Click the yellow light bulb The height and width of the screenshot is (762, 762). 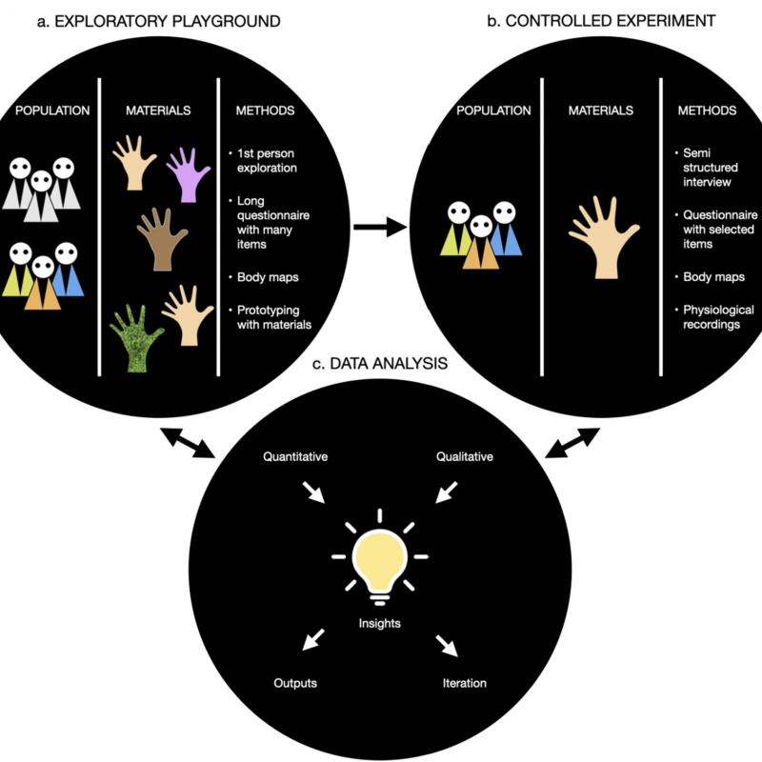pos(380,562)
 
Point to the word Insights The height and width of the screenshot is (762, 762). pos(380,624)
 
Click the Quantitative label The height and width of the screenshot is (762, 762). pos(295,457)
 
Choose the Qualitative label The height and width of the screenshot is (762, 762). pos(465,457)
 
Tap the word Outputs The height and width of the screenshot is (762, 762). pos(295,683)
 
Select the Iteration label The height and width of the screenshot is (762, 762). pos(465,683)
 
